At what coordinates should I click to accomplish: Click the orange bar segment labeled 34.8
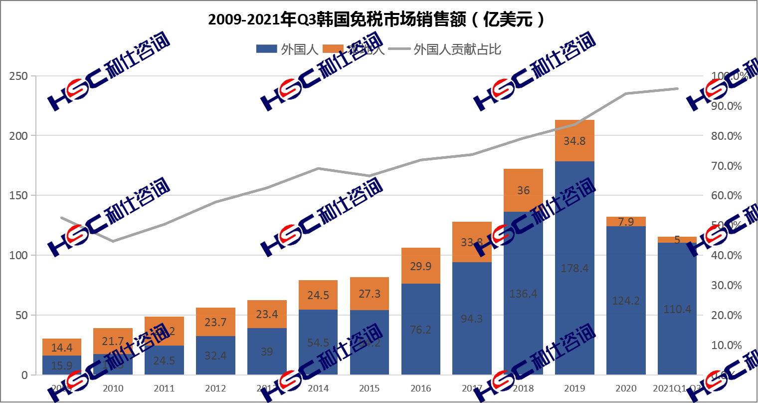pyautogui.click(x=574, y=140)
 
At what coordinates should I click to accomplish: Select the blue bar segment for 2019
pyautogui.click(x=574, y=300)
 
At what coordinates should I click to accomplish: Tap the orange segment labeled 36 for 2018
pyautogui.click(x=523, y=190)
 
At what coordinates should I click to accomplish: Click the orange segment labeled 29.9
pyautogui.click(x=420, y=266)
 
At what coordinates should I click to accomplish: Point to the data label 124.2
pyautogui.click(x=626, y=301)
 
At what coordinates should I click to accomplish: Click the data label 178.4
pyautogui.click(x=574, y=268)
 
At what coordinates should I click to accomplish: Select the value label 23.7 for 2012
pyautogui.click(x=215, y=322)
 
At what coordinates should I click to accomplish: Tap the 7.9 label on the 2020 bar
pyautogui.click(x=626, y=222)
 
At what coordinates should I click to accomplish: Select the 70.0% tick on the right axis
pyautogui.click(x=726, y=166)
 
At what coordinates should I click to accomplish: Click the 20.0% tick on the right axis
pyautogui.click(x=726, y=315)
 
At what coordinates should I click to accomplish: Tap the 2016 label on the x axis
pyautogui.click(x=420, y=389)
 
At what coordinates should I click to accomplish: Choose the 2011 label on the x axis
pyautogui.click(x=164, y=389)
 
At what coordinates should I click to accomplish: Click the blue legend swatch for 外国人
pyautogui.click(x=266, y=49)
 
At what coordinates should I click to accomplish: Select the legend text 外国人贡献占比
pyautogui.click(x=457, y=49)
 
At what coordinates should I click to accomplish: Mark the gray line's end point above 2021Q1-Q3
pyautogui.click(x=677, y=88)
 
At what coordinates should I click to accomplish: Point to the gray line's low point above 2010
pyautogui.click(x=113, y=241)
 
